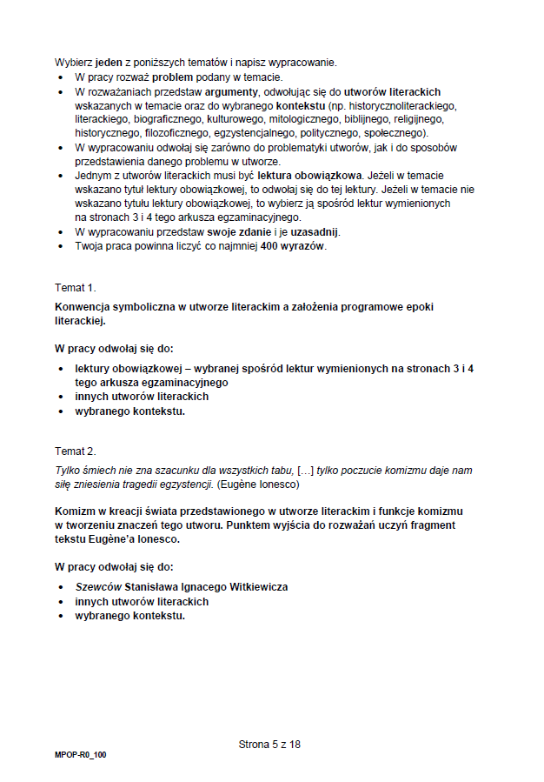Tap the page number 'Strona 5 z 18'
point(269,745)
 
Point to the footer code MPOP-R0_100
point(80,754)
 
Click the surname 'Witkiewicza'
point(254,587)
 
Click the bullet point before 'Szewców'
point(61,587)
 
